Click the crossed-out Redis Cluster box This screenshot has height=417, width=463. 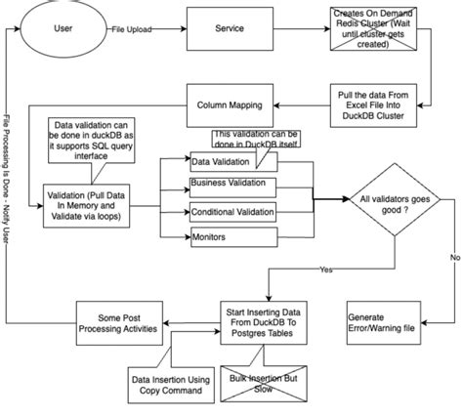point(375,29)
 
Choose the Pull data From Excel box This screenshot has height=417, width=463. point(375,102)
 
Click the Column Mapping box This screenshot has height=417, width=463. point(230,102)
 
